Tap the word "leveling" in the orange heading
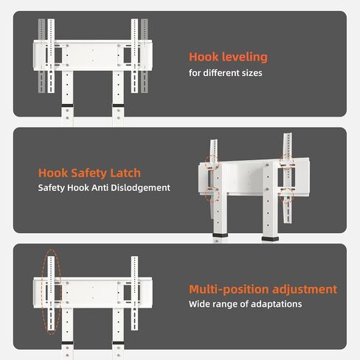point(245,58)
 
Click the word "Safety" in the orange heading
point(89,173)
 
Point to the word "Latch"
point(125,173)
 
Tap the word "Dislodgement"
point(140,188)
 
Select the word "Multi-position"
point(229,289)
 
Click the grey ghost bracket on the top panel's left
point(41,56)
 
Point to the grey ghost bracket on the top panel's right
point(145,56)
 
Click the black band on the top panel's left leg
point(67,105)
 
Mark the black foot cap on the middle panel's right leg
point(270,239)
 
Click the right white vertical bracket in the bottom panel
point(134,293)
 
